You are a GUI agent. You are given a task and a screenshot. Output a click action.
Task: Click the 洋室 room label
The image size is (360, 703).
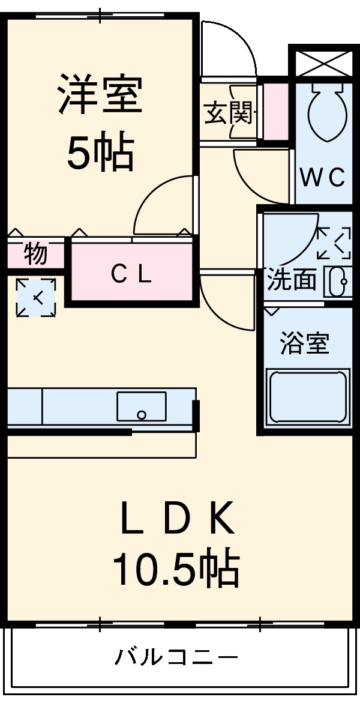tap(100, 94)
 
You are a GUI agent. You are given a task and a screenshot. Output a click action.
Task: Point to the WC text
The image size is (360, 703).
tap(323, 177)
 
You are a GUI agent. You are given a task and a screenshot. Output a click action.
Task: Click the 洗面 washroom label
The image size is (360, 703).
tap(292, 280)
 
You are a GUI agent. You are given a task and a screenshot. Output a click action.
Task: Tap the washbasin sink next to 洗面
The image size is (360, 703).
tap(338, 281)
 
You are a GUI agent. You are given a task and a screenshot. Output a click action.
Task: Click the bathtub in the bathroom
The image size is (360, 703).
tap(308, 397)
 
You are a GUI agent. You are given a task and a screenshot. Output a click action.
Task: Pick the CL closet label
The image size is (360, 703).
tap(131, 274)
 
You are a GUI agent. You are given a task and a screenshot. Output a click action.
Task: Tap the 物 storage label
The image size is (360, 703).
tap(35, 253)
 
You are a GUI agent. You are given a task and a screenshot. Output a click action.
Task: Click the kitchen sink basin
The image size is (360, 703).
tap(142, 406)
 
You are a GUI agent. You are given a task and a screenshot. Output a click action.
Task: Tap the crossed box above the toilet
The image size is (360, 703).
tap(323, 61)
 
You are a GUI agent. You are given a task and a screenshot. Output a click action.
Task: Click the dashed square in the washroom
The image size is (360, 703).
tap(334, 242)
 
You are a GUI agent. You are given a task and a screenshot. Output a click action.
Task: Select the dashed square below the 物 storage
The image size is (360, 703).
tap(35, 297)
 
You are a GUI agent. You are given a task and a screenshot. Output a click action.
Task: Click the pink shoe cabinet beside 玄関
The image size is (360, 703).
tap(275, 112)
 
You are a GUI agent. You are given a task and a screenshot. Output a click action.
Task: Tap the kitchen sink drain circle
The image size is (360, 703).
tap(142, 414)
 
